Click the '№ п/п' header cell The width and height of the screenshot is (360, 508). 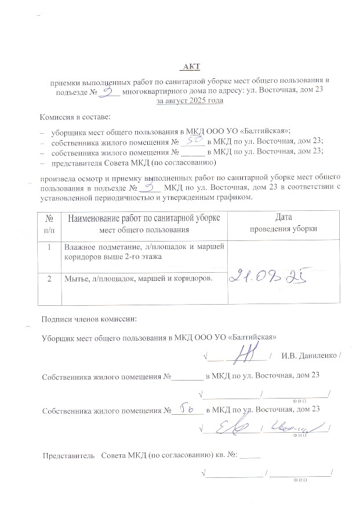(x=51, y=222)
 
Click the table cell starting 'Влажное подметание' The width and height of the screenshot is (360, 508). (x=145, y=251)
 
